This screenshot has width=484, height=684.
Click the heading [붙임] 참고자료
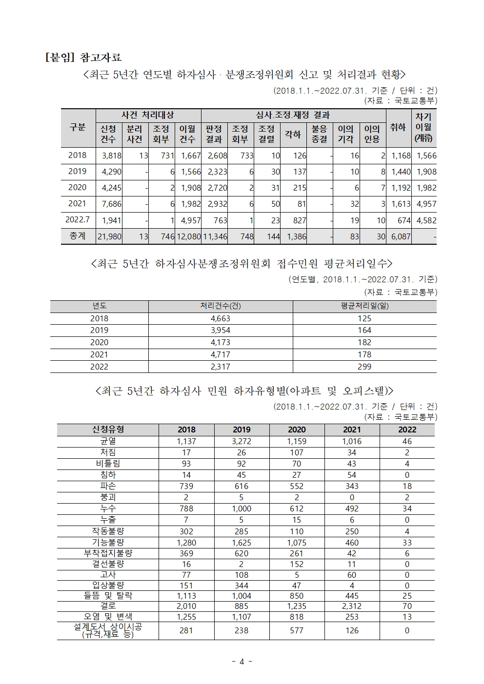point(83,58)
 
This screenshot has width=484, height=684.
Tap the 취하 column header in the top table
point(398,128)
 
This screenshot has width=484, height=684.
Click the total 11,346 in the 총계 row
point(214,236)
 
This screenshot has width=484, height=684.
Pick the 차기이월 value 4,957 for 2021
point(426,204)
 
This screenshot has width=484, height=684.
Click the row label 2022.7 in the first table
point(78,220)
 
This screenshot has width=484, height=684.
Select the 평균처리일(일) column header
point(364,306)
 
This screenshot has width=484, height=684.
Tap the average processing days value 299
point(364,367)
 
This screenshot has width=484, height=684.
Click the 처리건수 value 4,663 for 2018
point(221,318)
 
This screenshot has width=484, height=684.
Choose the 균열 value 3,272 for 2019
point(242,441)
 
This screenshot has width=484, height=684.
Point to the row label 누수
point(108,508)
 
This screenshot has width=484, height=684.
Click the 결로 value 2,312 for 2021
point(352,606)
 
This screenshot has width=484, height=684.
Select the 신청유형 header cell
point(108,430)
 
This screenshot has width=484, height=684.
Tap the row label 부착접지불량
point(108,553)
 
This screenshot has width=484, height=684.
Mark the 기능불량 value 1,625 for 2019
point(242,543)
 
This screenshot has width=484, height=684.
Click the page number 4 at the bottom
point(242,662)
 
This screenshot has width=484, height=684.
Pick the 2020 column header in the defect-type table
point(297,430)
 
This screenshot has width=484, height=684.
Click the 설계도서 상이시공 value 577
point(297,630)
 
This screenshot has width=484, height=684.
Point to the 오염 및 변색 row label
point(108,617)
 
